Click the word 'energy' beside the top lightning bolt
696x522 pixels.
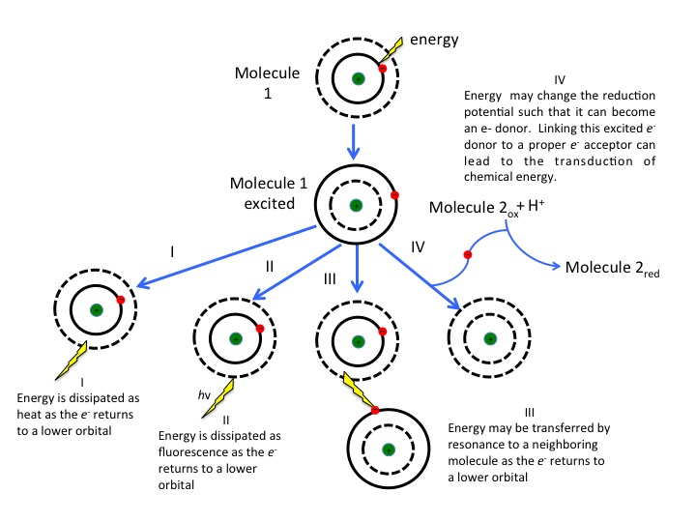tap(435, 41)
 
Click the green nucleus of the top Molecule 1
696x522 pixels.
tap(358, 79)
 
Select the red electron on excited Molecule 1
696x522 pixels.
tap(394, 195)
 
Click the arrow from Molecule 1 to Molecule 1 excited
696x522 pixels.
tap(358, 139)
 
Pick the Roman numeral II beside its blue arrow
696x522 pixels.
tap(272, 264)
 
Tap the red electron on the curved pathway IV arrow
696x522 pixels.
tap(467, 255)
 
